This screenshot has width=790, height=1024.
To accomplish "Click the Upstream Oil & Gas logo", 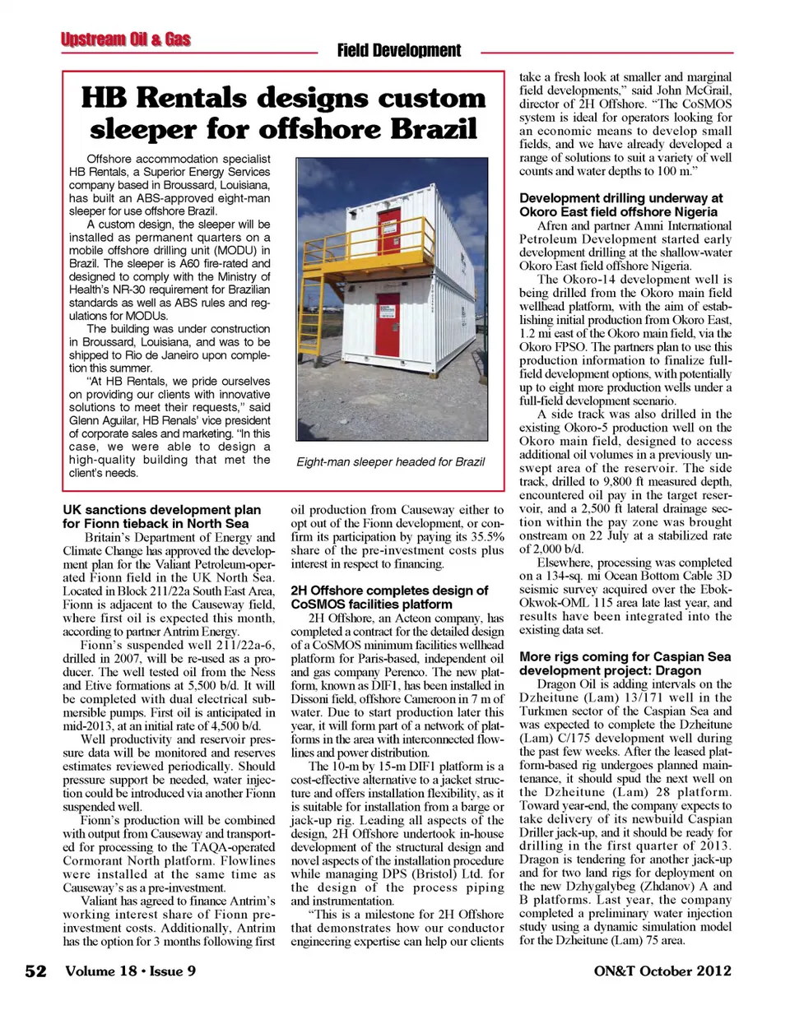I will tap(125, 39).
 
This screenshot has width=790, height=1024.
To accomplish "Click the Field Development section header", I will tap(399, 51).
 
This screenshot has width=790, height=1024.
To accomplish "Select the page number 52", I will tap(35, 971).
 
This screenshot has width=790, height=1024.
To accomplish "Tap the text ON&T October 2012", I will tap(662, 971).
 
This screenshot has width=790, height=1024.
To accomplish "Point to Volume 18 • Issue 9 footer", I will tap(131, 971).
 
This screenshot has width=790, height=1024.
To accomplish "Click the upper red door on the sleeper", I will tap(387, 232).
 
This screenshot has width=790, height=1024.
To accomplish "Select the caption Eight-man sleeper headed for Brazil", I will tap(390, 461).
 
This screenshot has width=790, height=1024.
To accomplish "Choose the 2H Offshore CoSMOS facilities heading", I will tap(389, 597).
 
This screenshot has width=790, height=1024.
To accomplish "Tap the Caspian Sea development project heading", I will tap(625, 663).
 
